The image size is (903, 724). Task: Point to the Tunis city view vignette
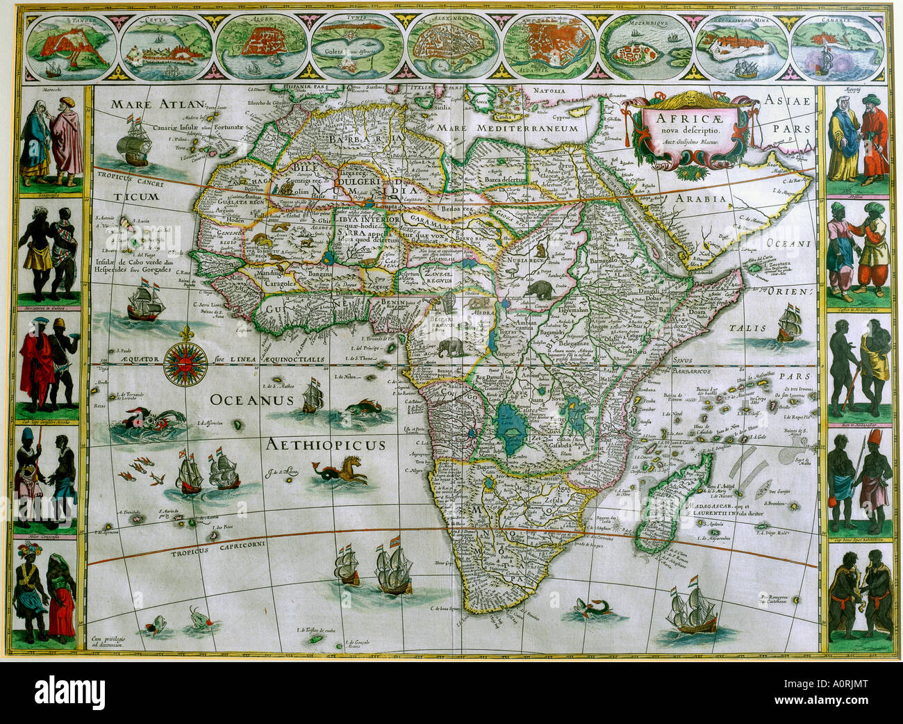tap(355, 47)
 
